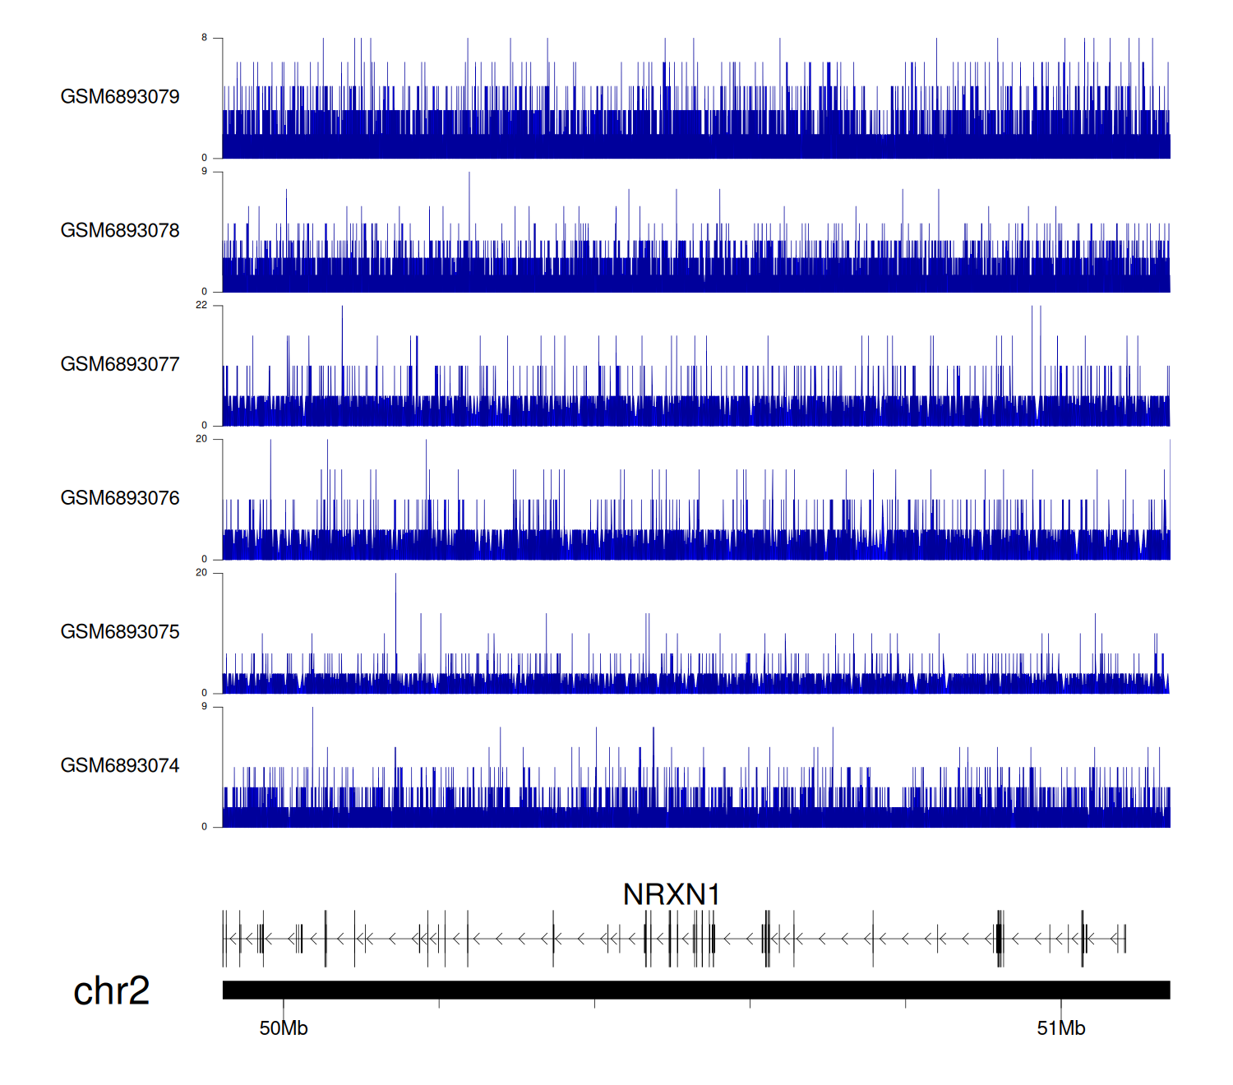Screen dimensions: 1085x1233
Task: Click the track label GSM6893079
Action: click(120, 97)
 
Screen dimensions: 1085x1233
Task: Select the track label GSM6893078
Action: click(120, 231)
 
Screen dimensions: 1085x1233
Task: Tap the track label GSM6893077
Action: click(120, 364)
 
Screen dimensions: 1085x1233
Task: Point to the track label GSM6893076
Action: click(120, 498)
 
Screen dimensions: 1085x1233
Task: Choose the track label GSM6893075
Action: click(120, 632)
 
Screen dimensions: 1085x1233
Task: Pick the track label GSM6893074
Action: click(120, 766)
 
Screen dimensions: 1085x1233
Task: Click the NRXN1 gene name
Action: click(672, 894)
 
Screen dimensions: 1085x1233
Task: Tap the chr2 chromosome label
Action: click(112, 990)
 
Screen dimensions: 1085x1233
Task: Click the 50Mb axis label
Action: click(284, 1028)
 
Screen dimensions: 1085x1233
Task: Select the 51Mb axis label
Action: click(1061, 1028)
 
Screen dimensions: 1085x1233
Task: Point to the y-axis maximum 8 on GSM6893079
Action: click(205, 38)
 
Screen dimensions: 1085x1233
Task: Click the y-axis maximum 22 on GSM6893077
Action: click(201, 305)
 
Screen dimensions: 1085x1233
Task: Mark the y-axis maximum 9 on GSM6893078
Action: click(205, 171)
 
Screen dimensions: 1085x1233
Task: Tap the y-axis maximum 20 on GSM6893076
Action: click(201, 439)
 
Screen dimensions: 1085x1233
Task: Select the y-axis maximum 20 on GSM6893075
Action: click(201, 573)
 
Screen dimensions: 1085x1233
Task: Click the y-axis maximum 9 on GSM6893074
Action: click(205, 706)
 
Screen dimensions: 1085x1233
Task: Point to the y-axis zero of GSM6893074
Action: click(205, 827)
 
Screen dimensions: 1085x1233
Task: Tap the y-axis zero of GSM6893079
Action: click(205, 158)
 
